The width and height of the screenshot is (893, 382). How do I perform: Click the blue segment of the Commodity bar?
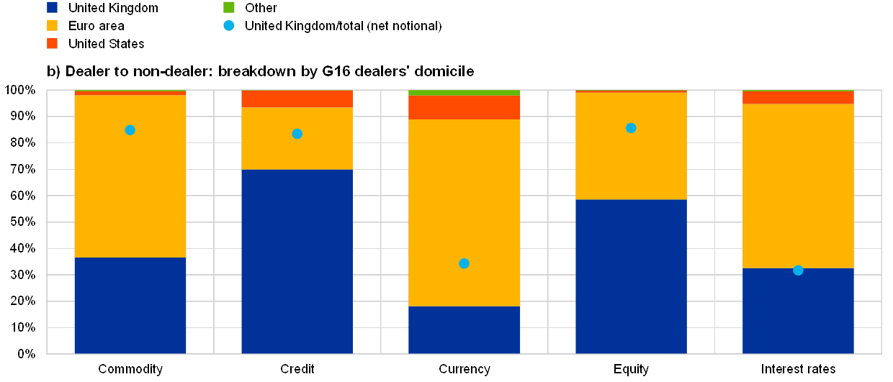click(x=130, y=305)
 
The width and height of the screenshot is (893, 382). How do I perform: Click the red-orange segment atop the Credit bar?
click(x=297, y=99)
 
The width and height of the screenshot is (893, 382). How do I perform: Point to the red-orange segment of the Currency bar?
click(x=464, y=107)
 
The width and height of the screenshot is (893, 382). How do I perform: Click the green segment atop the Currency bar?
click(x=464, y=93)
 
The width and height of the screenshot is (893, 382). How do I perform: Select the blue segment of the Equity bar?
click(x=631, y=276)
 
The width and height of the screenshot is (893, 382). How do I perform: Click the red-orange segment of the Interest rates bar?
click(x=798, y=98)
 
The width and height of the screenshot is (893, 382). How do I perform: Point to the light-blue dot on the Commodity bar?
click(x=130, y=130)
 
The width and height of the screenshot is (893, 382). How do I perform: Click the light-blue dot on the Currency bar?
click(x=464, y=263)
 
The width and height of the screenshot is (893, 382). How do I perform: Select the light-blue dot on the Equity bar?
click(x=631, y=128)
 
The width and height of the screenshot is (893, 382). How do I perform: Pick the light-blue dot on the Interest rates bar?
click(x=798, y=270)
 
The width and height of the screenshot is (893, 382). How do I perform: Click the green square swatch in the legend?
click(x=229, y=7)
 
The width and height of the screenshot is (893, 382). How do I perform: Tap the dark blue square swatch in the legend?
click(x=52, y=7)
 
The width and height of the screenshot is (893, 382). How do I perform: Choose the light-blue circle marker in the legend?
click(x=229, y=26)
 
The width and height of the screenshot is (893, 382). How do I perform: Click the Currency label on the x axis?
click(x=465, y=369)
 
